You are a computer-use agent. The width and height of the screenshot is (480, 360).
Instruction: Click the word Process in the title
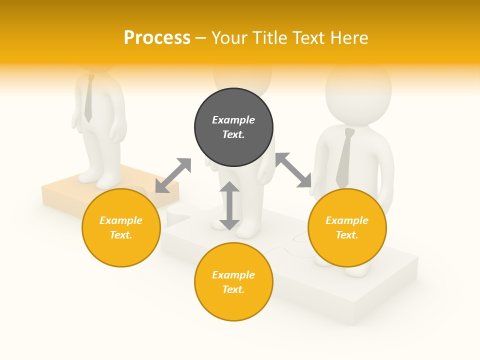157,37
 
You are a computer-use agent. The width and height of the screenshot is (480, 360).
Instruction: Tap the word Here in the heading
348,37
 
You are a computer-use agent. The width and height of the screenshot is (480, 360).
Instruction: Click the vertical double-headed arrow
229,205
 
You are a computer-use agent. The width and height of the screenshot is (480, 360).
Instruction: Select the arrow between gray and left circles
173,175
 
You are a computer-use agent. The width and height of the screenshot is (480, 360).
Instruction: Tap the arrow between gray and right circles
293,170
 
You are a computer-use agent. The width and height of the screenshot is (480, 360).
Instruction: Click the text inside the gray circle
233,127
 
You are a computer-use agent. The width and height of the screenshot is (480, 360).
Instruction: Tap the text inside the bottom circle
233,282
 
